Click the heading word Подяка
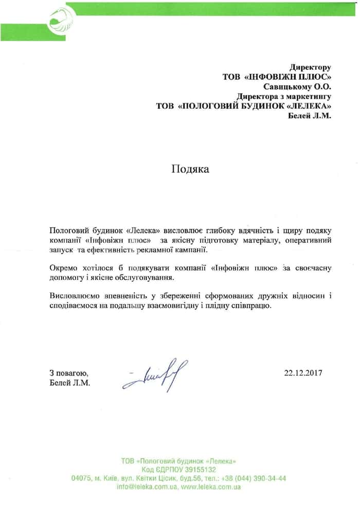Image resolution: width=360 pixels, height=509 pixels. tap(190, 170)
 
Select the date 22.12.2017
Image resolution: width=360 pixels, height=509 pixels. tap(303, 373)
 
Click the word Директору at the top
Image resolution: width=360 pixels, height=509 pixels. tap(310, 67)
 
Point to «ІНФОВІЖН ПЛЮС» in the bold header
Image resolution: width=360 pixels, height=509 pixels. tap(288, 77)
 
